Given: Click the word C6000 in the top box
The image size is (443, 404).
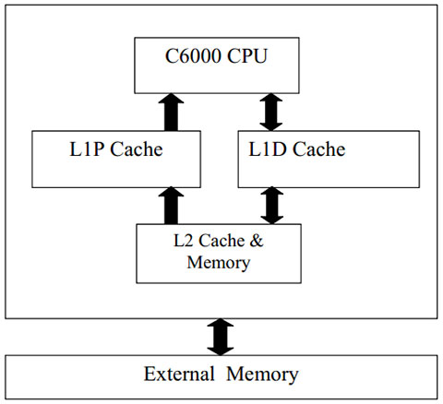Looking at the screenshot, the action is point(193,56).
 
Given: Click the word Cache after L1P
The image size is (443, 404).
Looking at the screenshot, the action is point(137,149).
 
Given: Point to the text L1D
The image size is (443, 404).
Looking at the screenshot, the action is point(267,149).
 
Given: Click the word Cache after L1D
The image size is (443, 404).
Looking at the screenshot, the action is point(319,149).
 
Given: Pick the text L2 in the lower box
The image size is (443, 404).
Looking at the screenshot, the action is point(184,241).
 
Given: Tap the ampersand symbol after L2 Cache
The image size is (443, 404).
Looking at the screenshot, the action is point(257,241).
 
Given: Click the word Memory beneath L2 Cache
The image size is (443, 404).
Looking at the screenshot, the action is point(219,263).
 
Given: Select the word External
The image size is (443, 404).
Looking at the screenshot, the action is point(179,374).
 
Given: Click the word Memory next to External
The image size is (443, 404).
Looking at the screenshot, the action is point(262,375).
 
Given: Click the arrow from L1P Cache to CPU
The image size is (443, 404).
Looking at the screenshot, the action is point(171,113).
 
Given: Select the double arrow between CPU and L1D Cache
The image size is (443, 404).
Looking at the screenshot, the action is point(271,113).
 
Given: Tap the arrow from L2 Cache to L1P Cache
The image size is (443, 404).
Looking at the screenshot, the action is point(171,206).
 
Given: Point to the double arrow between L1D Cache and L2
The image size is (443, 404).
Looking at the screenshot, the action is point(272,206).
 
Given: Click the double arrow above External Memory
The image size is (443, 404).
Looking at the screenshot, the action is point(221,337).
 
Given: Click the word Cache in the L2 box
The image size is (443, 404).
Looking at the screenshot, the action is point(221,241).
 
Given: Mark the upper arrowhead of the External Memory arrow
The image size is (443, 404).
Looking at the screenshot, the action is point(221,324).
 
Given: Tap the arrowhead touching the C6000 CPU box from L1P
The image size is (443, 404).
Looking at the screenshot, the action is point(171,99).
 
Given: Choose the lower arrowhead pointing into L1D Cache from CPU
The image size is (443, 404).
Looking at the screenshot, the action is point(271,126).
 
